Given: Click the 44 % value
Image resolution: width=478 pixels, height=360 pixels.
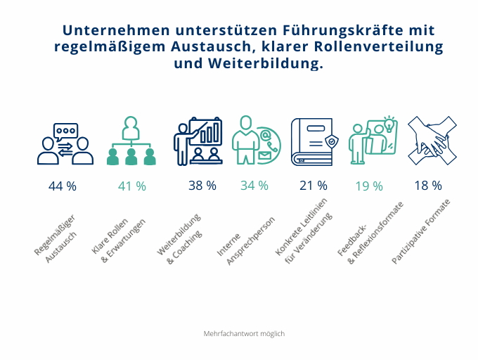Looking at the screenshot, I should pyautogui.click(x=62, y=186).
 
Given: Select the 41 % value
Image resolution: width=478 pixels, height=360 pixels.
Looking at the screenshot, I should pyautogui.click(x=132, y=186).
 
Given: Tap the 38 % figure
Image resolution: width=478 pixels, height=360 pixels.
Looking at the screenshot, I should pyautogui.click(x=202, y=186).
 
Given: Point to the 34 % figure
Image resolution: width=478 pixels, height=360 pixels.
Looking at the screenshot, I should pyautogui.click(x=254, y=186).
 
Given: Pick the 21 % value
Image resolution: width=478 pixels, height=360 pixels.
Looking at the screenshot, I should pyautogui.click(x=314, y=186).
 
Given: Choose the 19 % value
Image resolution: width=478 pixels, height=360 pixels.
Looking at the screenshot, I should pyautogui.click(x=369, y=186).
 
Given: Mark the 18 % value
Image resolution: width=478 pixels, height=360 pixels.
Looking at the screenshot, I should pyautogui.click(x=428, y=186).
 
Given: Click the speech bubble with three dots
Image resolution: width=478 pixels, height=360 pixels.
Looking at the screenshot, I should pyautogui.click(x=65, y=131).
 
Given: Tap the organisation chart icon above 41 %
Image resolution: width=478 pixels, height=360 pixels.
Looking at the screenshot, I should pyautogui.click(x=131, y=141).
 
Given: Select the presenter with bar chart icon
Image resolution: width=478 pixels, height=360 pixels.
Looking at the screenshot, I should pyautogui.click(x=198, y=141).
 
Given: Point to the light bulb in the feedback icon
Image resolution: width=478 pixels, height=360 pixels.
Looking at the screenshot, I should pyautogui.click(x=389, y=125).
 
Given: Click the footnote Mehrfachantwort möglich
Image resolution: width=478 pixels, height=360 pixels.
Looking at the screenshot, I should pyautogui.click(x=244, y=333).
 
